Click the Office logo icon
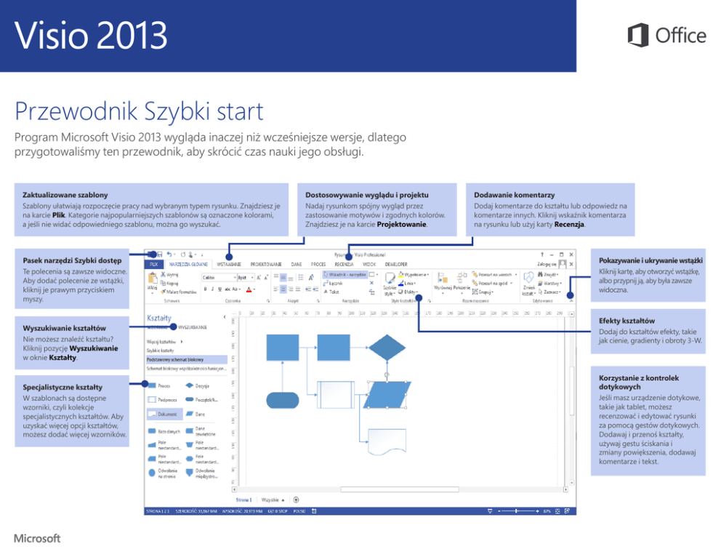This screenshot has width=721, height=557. (637, 35)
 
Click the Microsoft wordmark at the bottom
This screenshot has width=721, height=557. (36, 539)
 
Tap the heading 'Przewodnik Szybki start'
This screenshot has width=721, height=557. (139, 113)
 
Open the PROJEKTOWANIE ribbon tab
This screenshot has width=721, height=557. (266, 264)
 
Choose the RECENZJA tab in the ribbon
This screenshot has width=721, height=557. (344, 264)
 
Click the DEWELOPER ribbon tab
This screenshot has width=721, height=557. (396, 264)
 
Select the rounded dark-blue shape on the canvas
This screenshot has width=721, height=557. (282, 399)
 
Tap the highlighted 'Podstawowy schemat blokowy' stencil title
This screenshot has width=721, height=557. (174, 359)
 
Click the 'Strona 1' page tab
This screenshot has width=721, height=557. (243, 500)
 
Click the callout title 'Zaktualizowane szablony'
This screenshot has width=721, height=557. (65, 195)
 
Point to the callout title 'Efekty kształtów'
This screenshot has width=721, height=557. (627, 321)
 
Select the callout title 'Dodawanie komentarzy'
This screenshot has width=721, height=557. (514, 195)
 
